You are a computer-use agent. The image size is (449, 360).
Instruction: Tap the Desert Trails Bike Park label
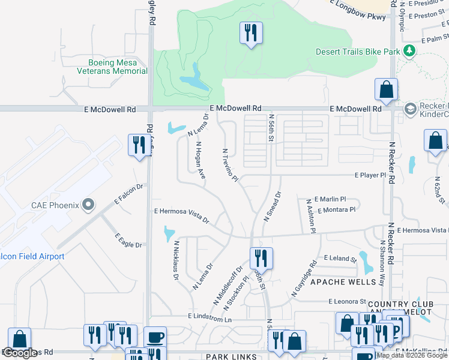358,52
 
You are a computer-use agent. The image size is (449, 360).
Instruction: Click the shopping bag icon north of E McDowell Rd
386,89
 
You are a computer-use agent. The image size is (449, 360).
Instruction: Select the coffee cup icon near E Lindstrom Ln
155,337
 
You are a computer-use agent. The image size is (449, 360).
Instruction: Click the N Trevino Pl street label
231,166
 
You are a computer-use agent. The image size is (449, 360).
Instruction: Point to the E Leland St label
340,258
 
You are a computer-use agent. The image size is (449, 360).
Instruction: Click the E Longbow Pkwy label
361,17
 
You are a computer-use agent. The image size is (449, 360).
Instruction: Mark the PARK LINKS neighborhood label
231,356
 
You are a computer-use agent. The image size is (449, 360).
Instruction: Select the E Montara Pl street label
337,210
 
